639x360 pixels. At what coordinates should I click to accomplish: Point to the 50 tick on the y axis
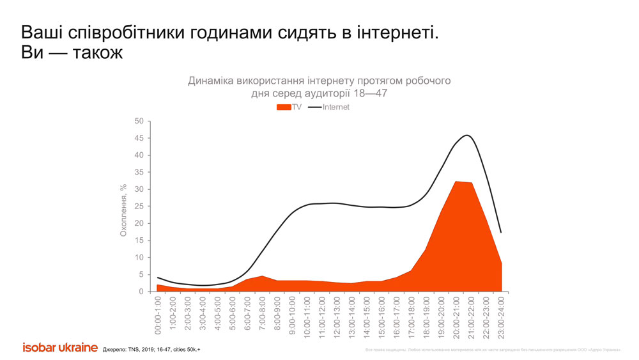[139, 121]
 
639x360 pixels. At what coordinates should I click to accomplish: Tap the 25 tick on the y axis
[139, 207]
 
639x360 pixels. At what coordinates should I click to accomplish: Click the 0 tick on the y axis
[141, 292]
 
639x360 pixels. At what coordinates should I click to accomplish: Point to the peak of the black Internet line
[467, 136]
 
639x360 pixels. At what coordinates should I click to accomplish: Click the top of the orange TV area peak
[458, 182]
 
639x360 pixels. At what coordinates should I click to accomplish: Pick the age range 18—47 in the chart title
[371, 93]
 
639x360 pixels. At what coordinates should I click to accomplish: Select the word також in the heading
[90, 53]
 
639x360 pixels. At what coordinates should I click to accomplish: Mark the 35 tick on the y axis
[139, 173]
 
